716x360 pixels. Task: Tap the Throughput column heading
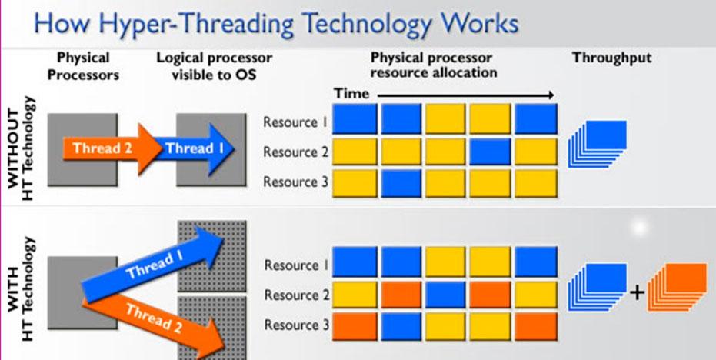point(612,58)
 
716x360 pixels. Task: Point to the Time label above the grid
point(351,94)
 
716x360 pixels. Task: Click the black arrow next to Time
point(466,95)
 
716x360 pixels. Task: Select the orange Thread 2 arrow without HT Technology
point(112,149)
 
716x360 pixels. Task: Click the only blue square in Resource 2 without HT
point(490,152)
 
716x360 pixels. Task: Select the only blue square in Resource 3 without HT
point(401,183)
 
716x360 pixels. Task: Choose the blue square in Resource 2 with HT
point(445,295)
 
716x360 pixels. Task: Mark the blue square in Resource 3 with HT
point(401,325)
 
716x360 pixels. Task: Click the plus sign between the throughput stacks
point(637,292)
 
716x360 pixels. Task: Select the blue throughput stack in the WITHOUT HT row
point(598,143)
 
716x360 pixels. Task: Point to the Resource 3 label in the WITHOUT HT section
point(295,182)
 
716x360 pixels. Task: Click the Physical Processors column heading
point(83,66)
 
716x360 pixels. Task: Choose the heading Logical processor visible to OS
point(214,66)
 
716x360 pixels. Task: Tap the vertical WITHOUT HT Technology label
point(21,148)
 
